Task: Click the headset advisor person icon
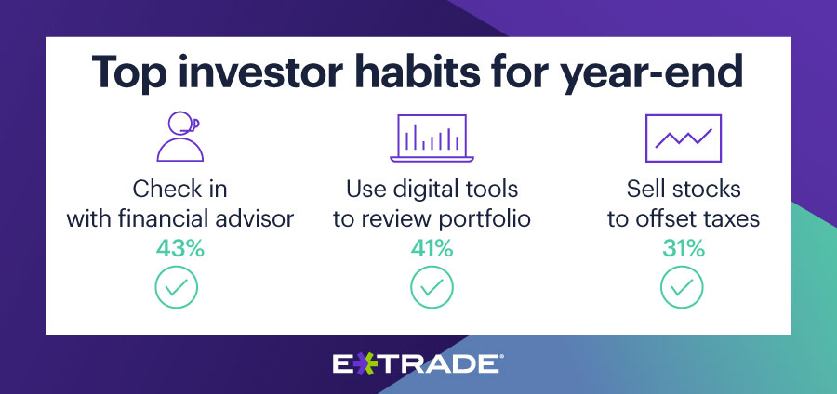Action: [x=179, y=137]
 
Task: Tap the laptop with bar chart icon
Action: [x=432, y=138]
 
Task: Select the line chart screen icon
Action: [x=684, y=138]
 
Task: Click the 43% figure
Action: [x=180, y=249]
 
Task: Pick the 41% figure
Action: [x=432, y=249]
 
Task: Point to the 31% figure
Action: [x=684, y=249]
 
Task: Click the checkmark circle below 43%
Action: [x=177, y=287]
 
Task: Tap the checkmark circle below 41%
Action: [x=432, y=287]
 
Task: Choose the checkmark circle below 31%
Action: [x=683, y=287]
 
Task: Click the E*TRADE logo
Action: [x=416, y=363]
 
